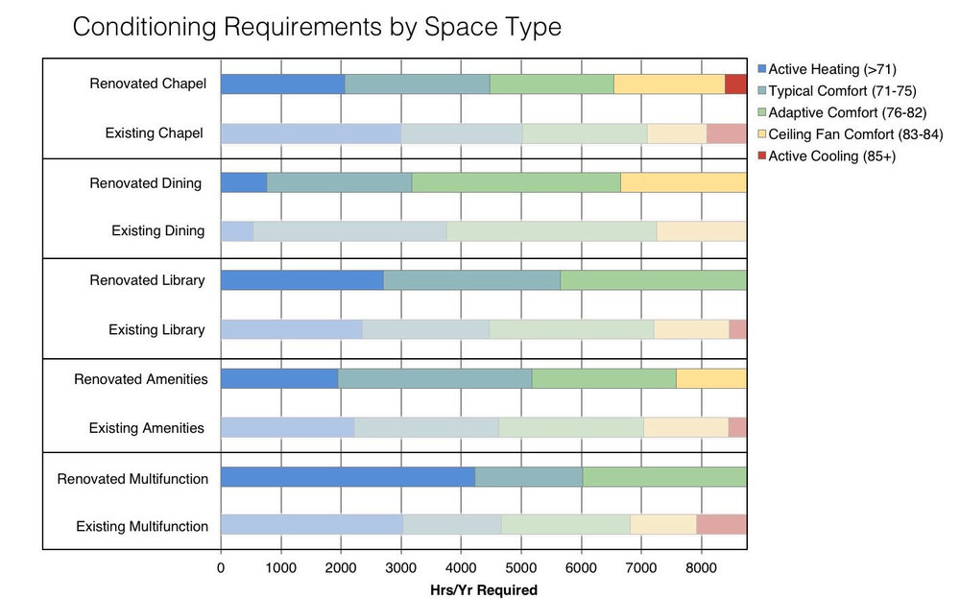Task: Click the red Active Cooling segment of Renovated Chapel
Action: pyautogui.click(x=735, y=84)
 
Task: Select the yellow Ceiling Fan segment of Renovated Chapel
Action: pyautogui.click(x=669, y=84)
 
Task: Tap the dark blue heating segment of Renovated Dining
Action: pyautogui.click(x=244, y=182)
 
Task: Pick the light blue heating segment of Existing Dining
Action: pyautogui.click(x=237, y=230)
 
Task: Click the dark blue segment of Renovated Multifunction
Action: pyautogui.click(x=348, y=477)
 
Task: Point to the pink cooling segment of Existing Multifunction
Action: pyautogui.click(x=721, y=524)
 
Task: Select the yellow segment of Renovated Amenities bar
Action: pyautogui.click(x=710, y=378)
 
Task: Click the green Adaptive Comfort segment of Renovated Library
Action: pyautogui.click(x=653, y=280)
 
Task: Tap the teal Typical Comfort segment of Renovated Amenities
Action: pyautogui.click(x=435, y=378)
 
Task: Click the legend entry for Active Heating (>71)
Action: pyautogui.click(x=831, y=68)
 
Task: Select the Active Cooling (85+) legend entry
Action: pyautogui.click(x=831, y=156)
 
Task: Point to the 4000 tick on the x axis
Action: pyautogui.click(x=461, y=567)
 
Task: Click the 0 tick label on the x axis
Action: pyautogui.click(x=221, y=567)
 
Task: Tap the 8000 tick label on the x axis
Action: pyautogui.click(x=701, y=567)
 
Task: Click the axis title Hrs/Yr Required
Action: pyautogui.click(x=484, y=589)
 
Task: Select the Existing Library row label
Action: pyautogui.click(x=156, y=329)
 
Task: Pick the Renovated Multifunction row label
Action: pyautogui.click(x=132, y=478)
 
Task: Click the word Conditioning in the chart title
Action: pyautogui.click(x=143, y=26)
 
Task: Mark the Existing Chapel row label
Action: pyautogui.click(x=154, y=132)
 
